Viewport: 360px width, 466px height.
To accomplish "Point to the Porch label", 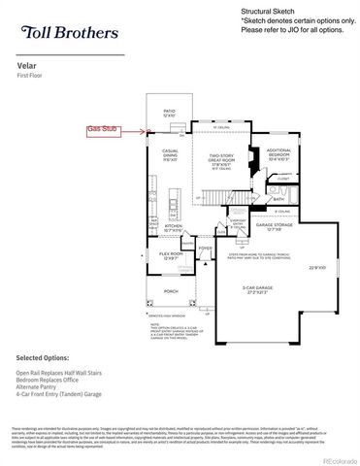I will click(x=171, y=290).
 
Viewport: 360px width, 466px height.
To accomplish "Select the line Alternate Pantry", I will click(x=38, y=385).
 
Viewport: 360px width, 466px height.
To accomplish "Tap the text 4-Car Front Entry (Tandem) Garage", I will click(x=61, y=392).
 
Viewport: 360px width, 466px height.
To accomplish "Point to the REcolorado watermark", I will click(x=336, y=458).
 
